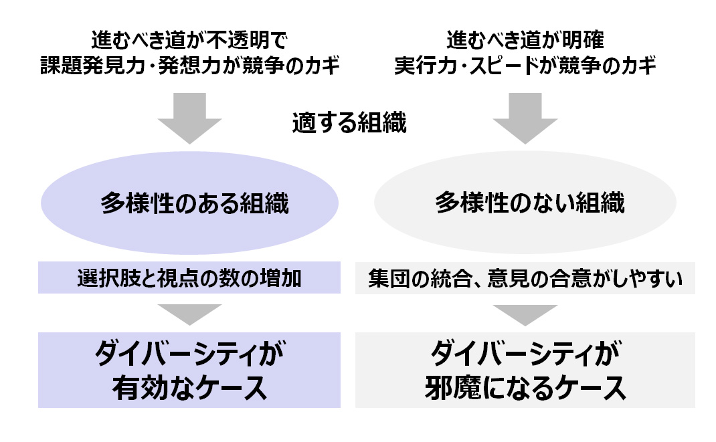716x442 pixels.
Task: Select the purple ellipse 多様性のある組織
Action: tap(190, 203)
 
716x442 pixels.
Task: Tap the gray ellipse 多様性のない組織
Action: tap(526, 203)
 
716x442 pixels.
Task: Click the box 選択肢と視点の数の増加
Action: tap(189, 279)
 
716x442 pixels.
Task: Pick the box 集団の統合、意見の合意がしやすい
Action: tap(525, 279)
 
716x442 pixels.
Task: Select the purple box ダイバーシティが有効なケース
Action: tap(189, 370)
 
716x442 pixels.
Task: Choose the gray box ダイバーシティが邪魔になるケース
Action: tap(525, 370)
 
